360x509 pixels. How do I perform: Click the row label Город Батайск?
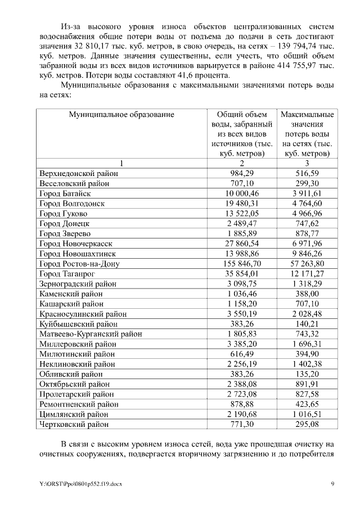coord(63,193)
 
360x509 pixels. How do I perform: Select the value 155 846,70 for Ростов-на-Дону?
coord(243,264)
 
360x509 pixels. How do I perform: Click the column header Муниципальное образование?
coord(121,114)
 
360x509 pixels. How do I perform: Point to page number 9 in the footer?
coord(333,484)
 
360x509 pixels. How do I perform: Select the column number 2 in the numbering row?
coord(243,163)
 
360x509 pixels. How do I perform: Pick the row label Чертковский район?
coord(73,424)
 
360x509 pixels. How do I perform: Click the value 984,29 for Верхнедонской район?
coord(243,173)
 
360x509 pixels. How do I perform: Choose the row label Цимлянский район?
coord(73,414)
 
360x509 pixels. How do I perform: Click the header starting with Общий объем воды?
coord(243,133)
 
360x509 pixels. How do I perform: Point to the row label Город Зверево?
coord(63,234)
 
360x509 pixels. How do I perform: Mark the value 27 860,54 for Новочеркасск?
coord(243,244)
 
